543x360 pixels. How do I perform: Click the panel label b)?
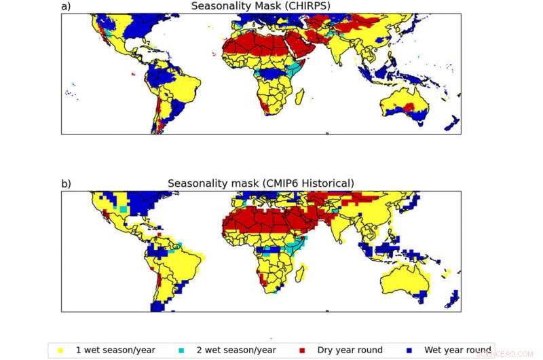pos(66,183)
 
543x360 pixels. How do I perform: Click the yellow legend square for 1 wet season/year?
pos(61,350)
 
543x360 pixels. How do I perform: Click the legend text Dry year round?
pos(350,350)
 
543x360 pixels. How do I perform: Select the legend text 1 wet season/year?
pos(115,350)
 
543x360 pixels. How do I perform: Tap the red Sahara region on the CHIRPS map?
pos(251,48)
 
